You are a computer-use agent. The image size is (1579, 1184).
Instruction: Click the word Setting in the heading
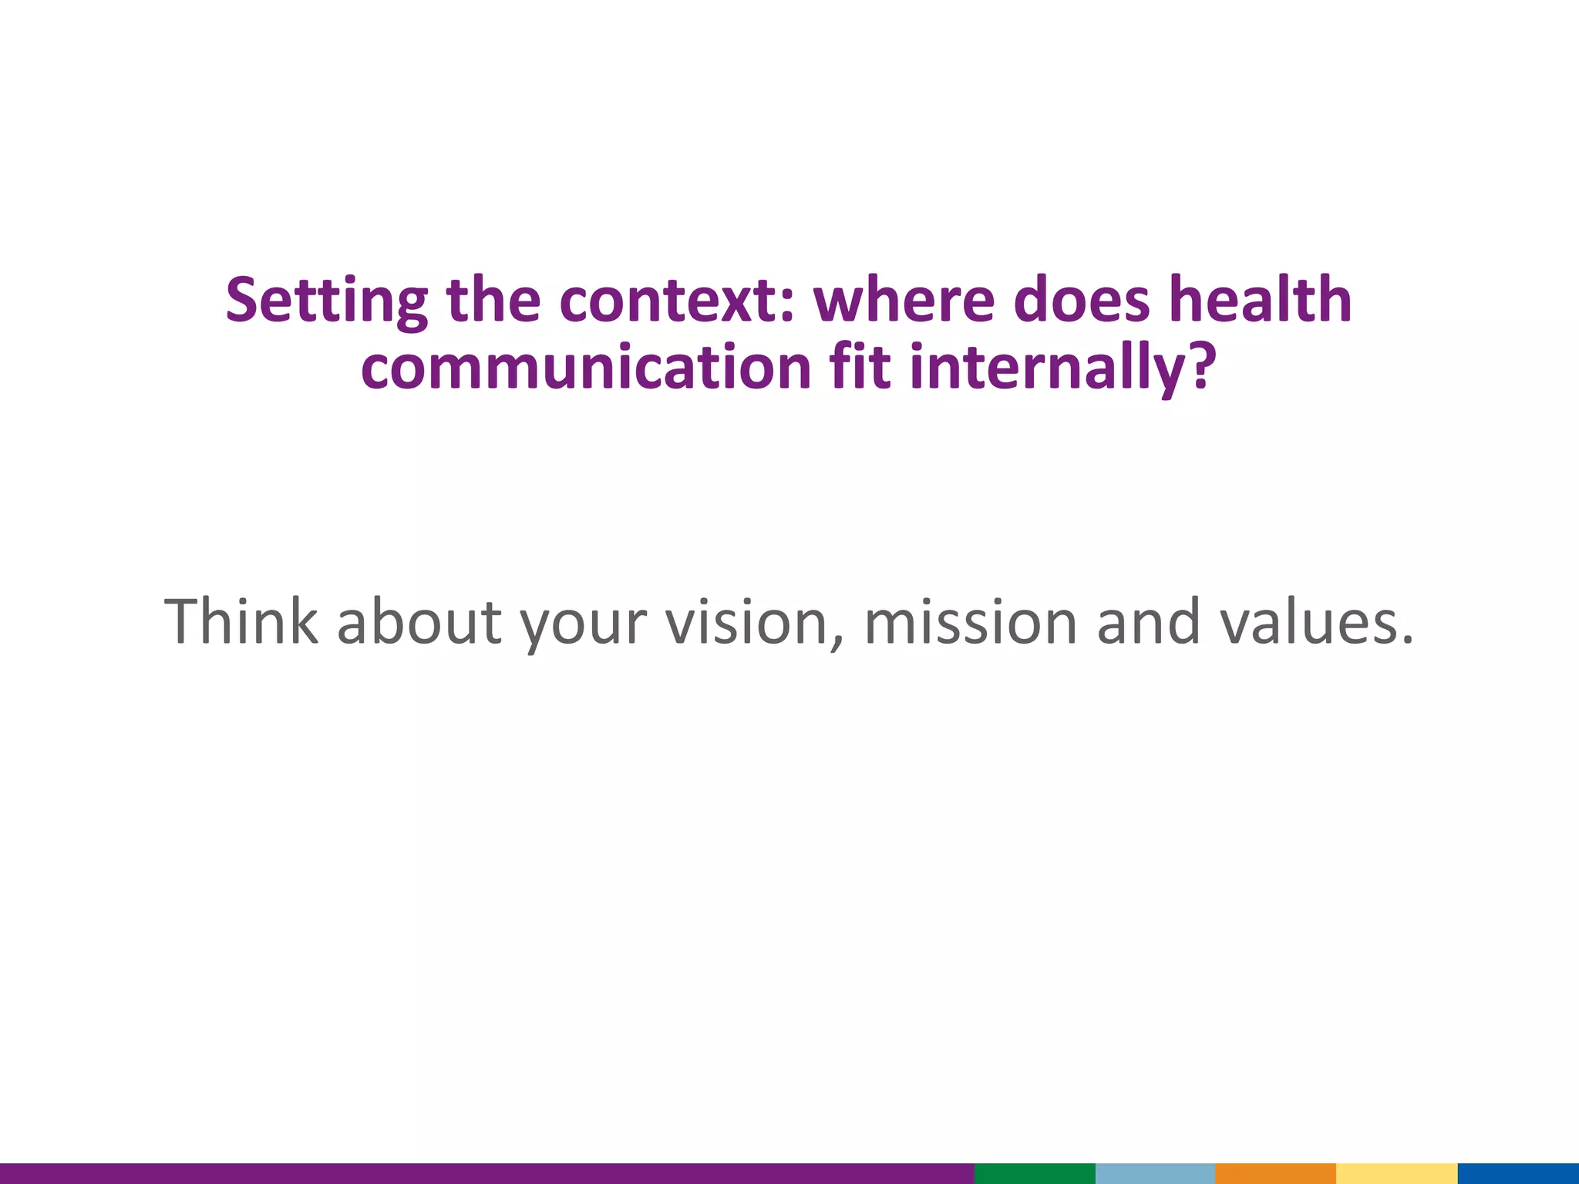pos(326,301)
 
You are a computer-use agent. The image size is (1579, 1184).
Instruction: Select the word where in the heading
pos(904,301)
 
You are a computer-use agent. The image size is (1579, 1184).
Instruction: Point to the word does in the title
pos(1082,301)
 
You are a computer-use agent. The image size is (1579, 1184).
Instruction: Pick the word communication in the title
pos(585,367)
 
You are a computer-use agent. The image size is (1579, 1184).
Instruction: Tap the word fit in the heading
pos(860,367)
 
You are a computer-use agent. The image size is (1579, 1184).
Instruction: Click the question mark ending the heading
pos(1200,367)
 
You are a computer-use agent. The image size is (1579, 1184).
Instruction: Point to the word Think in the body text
pos(241,621)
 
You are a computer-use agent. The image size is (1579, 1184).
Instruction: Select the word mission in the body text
pos(970,621)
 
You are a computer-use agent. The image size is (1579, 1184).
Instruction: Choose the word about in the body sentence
pos(419,621)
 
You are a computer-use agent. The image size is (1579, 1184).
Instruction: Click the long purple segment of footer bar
pos(486,1173)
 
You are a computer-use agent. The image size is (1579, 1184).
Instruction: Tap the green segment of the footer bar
pos(1035,1173)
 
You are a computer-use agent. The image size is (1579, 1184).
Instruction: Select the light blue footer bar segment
pos(1155,1173)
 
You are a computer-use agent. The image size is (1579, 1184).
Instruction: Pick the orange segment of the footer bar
pos(1275,1173)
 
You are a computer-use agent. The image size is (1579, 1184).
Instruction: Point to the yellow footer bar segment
pos(1396,1173)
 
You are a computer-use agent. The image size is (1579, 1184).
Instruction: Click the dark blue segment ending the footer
pos(1518,1173)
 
